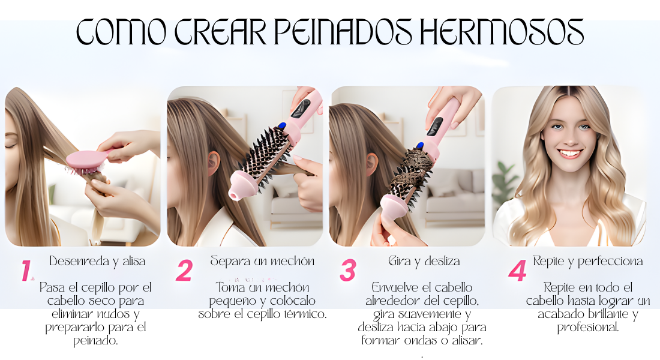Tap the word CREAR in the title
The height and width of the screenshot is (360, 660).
coord(221,32)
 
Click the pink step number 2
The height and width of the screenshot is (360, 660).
coord(184,271)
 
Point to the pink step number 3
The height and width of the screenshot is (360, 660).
coord(347,271)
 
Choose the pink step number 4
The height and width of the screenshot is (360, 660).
coord(517,271)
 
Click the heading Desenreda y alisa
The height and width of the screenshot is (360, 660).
coord(97,262)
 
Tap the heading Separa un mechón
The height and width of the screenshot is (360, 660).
coord(262,262)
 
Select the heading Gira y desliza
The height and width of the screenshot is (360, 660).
coord(424,262)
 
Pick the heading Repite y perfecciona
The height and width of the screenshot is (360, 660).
coord(587,262)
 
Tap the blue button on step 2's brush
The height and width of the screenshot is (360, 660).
coord(282,125)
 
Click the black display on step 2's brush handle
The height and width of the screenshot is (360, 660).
coord(301,108)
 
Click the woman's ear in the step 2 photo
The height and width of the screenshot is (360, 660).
coord(214,163)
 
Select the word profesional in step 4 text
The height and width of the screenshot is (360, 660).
coord(588,328)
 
